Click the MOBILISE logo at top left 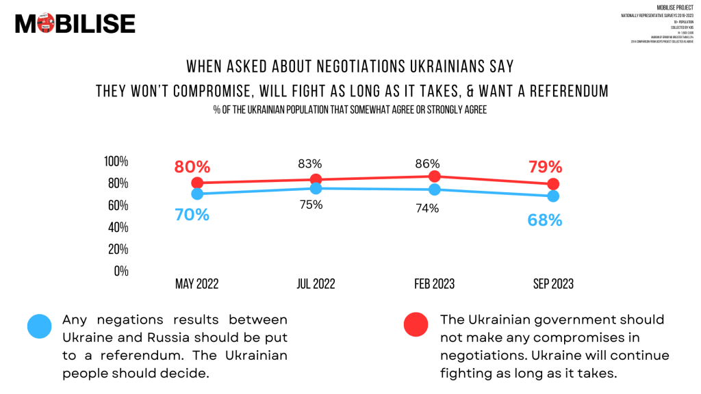tap(75, 24)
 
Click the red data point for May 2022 tap(198, 183)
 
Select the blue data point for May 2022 tap(198, 194)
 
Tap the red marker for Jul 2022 tap(316, 179)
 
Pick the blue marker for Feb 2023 tap(434, 189)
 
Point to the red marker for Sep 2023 tap(553, 184)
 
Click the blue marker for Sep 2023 tap(553, 196)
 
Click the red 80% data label tap(192, 167)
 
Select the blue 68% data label tap(544, 220)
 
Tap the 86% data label tap(427, 163)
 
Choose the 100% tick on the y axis tap(116, 161)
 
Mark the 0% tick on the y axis tap(121, 271)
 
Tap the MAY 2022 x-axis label tap(197, 284)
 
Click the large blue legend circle tap(40, 326)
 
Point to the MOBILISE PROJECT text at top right tap(675, 8)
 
